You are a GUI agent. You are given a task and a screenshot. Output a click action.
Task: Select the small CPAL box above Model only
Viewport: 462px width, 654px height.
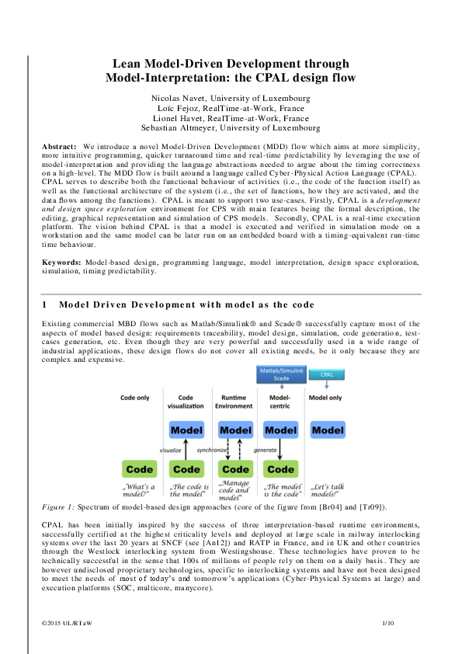coord(327,374)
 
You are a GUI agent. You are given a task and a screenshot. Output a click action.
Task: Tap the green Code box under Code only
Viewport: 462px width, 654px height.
coord(139,468)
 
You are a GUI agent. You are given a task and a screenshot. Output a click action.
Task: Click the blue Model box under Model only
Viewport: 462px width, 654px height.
coord(328,430)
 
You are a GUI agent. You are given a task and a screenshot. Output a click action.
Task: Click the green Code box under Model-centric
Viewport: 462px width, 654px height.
coord(281,468)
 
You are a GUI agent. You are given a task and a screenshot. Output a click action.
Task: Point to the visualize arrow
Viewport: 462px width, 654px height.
coord(186,449)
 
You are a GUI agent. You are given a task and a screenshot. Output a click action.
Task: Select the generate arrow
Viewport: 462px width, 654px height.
coord(280,449)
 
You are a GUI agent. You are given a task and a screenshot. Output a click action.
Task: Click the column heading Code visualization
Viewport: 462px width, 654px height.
coord(186,402)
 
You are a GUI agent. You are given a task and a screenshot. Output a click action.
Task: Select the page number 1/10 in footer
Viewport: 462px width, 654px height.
coord(388,623)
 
